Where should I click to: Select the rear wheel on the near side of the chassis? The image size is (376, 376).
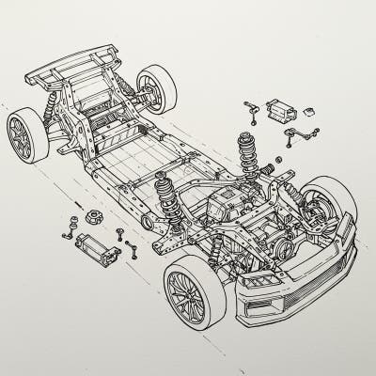tap(26, 134)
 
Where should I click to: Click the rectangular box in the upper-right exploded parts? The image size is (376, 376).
tap(281, 110)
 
